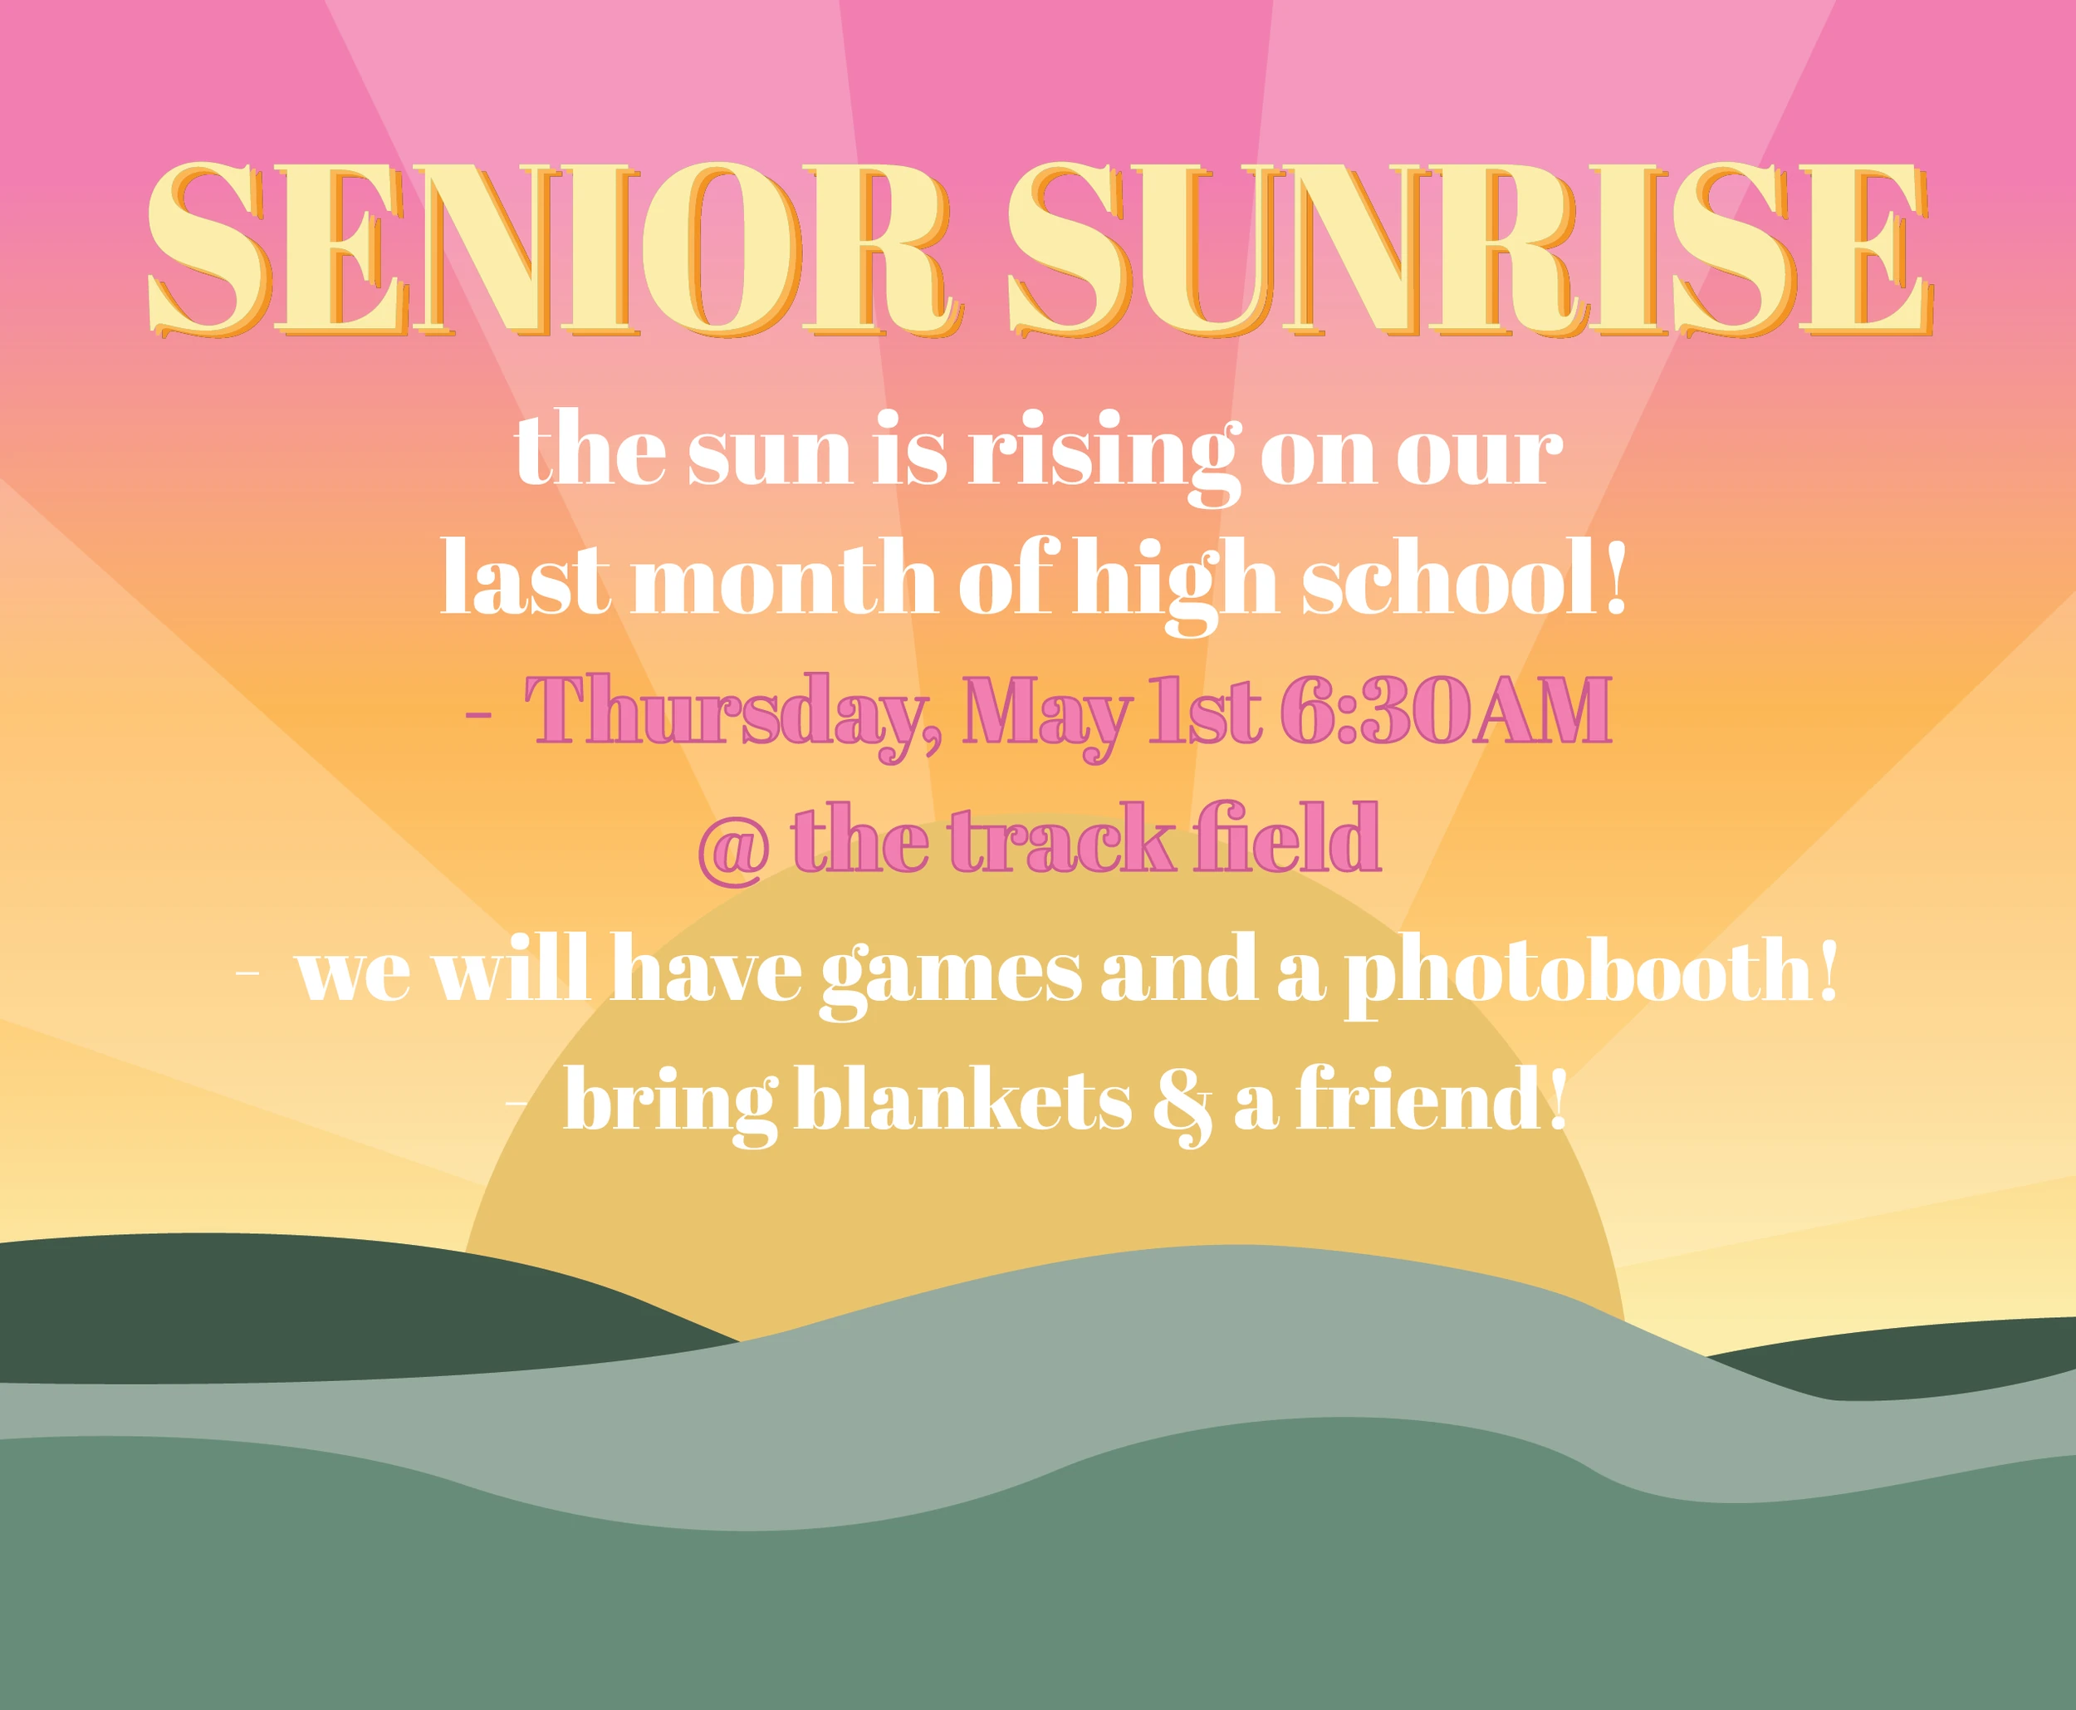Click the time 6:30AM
[1446, 708]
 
